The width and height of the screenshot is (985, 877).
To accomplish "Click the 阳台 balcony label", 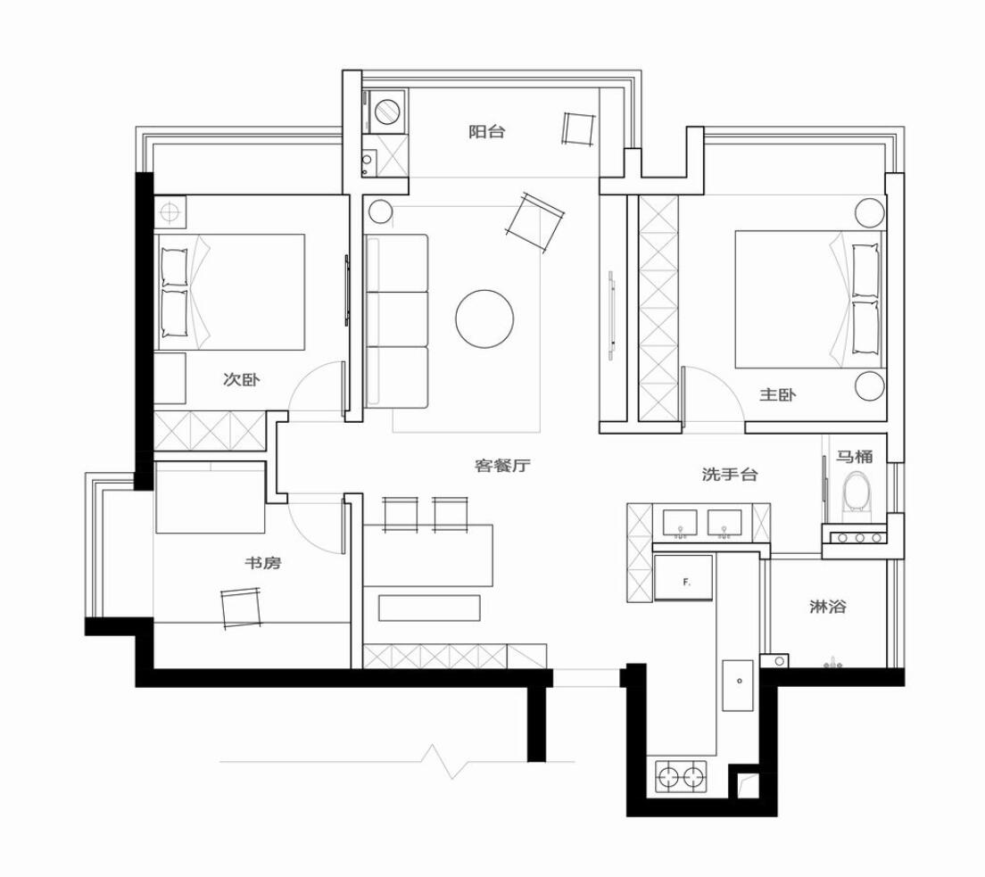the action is (487, 132).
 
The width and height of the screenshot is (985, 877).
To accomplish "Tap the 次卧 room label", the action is (241, 379).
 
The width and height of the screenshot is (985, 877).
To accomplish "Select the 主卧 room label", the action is (778, 394).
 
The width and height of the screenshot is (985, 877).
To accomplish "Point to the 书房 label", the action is (262, 562).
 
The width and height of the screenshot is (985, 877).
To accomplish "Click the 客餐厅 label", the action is (502, 466).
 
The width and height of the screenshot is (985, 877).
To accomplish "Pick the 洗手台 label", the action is (729, 475).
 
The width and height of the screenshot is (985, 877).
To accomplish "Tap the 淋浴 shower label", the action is (827, 607).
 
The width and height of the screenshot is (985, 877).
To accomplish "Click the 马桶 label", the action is (855, 456).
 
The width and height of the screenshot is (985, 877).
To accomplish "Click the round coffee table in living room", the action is (485, 319).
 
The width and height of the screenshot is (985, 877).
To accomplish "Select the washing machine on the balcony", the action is (387, 112).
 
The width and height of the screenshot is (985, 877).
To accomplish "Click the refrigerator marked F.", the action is (683, 577).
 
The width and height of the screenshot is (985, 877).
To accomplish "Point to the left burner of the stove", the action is (667, 776).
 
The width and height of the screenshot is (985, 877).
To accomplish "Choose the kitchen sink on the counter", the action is (738, 685).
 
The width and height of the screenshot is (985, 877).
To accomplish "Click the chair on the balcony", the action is (578, 129).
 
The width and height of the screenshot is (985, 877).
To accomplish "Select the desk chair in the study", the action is (242, 607).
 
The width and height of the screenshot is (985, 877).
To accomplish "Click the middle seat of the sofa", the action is (396, 319).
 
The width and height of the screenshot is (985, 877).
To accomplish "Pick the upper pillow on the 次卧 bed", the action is (175, 267).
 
